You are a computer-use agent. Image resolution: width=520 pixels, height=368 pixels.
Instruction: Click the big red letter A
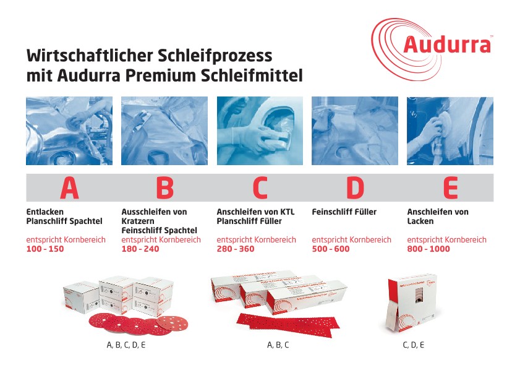(x=69, y=188)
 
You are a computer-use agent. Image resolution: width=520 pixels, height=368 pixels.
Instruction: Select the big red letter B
(x=164, y=188)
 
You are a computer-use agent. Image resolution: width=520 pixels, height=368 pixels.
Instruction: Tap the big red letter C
(x=260, y=188)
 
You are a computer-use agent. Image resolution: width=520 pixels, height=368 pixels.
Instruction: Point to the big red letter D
(x=355, y=188)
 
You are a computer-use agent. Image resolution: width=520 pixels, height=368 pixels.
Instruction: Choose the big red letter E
(x=450, y=188)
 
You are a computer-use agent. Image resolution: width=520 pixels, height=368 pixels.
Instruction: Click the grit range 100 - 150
(x=45, y=249)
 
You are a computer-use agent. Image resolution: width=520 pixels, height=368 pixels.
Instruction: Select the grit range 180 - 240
(x=140, y=249)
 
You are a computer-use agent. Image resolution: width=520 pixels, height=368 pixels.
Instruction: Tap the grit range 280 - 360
(x=236, y=249)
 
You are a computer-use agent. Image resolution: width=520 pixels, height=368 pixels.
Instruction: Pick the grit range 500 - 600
(x=331, y=249)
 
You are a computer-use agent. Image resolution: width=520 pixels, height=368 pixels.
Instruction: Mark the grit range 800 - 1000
(x=428, y=249)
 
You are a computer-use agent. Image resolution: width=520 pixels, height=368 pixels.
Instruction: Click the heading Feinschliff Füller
(x=344, y=212)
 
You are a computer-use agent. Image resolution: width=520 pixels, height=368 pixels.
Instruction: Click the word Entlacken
(x=45, y=212)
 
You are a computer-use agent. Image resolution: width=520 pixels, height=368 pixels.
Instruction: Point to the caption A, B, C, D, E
(x=126, y=345)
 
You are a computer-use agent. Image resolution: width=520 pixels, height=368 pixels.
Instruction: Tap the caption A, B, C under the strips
(x=278, y=345)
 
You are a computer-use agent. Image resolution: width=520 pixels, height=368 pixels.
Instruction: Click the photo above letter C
(x=260, y=131)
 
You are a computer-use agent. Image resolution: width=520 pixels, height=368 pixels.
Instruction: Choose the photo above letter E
(x=450, y=131)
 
